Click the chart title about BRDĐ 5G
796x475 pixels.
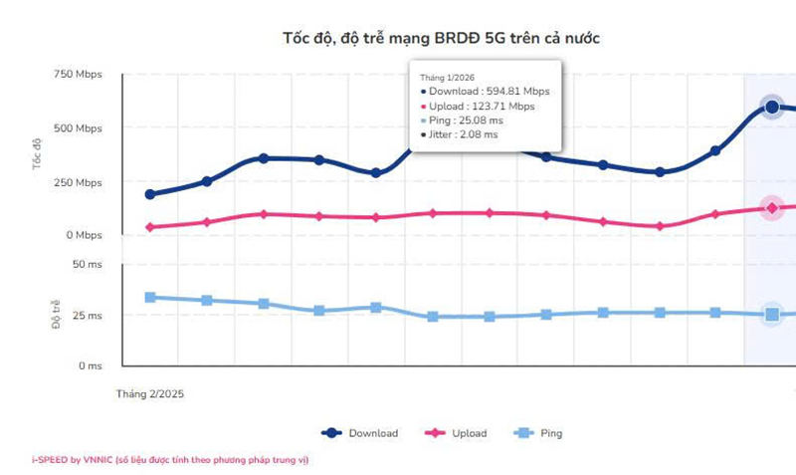(x=442, y=38)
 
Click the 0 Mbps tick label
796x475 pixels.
(x=84, y=236)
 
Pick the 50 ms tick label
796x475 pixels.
(x=87, y=264)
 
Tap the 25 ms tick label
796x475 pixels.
(x=87, y=317)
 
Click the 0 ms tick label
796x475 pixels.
(x=90, y=366)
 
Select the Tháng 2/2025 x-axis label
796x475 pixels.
(x=150, y=394)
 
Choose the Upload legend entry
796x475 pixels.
(x=457, y=433)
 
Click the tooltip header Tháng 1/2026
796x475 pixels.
(x=448, y=76)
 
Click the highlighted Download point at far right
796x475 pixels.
(x=771, y=107)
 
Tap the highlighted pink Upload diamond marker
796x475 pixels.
(x=771, y=208)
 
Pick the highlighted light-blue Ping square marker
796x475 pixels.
(x=771, y=315)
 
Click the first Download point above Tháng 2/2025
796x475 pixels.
(x=150, y=194)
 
